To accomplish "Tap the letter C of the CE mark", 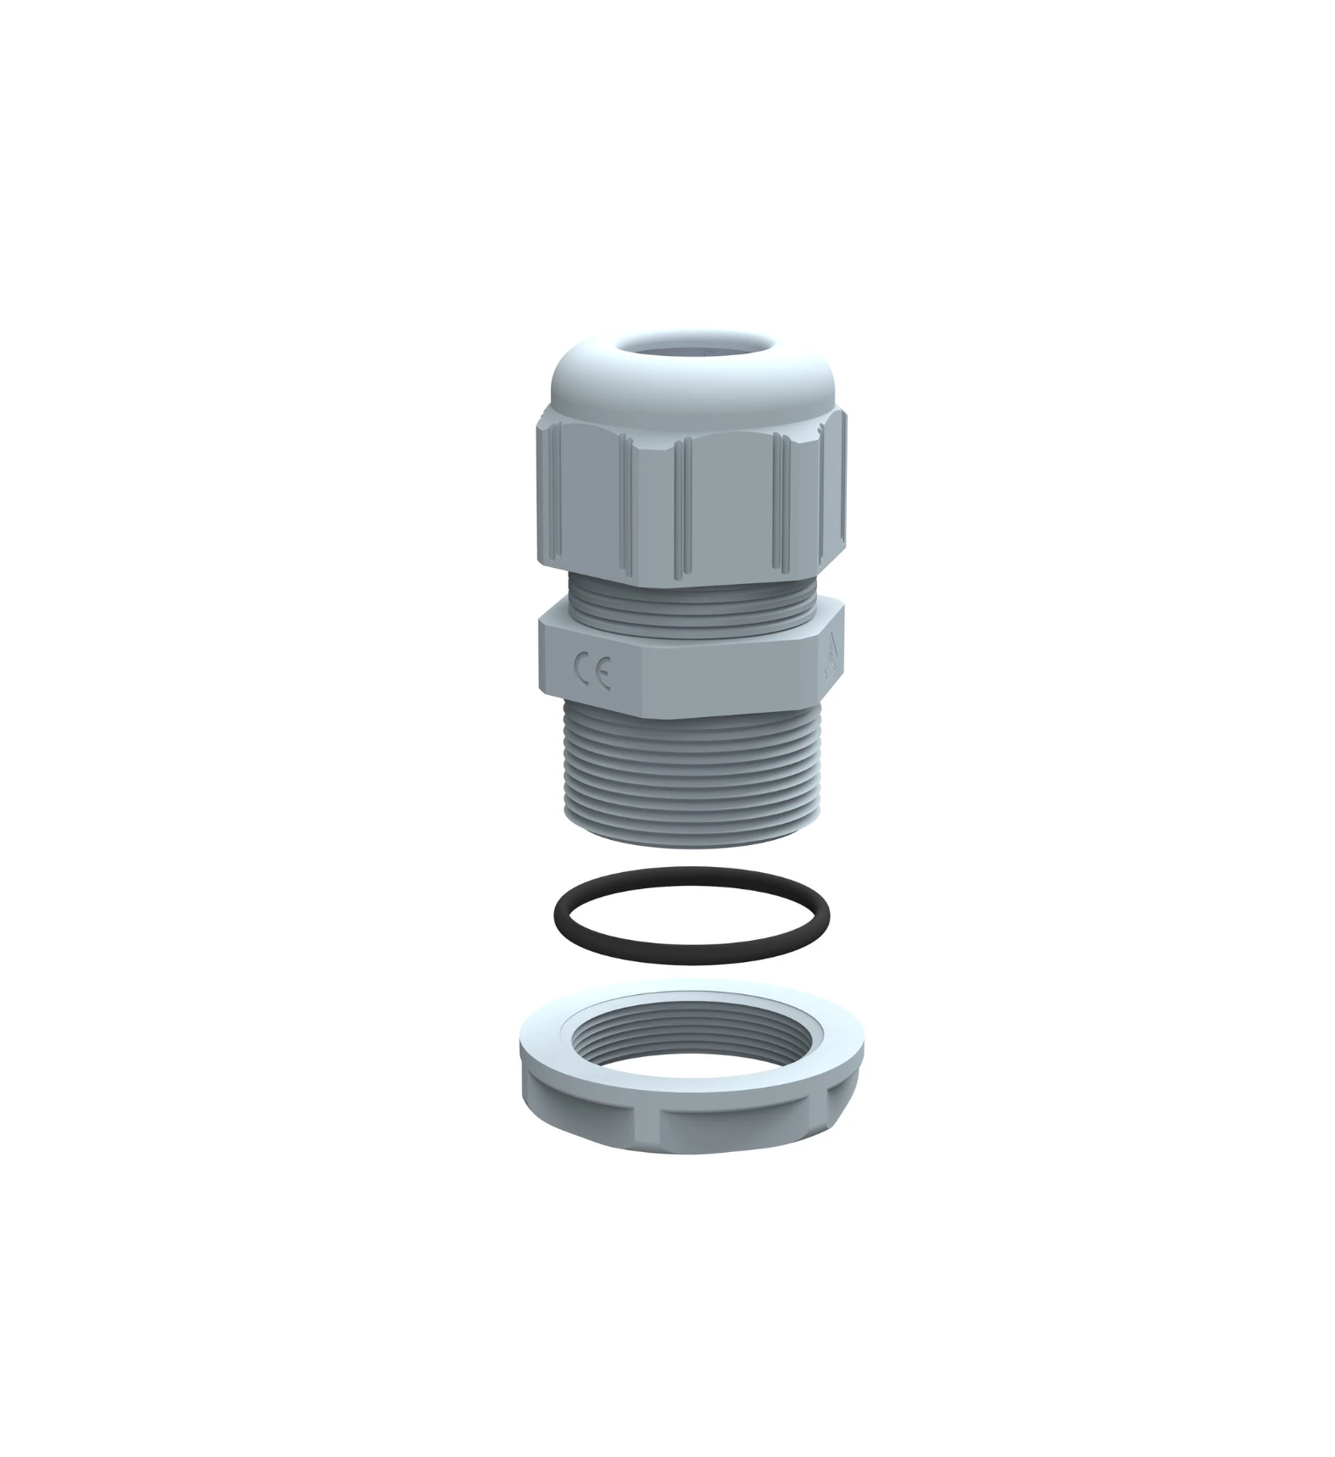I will (582, 670).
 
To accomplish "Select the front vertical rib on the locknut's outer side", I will (661, 1123).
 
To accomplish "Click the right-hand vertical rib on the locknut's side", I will (826, 1106).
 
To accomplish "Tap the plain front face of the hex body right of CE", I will (729, 682).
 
